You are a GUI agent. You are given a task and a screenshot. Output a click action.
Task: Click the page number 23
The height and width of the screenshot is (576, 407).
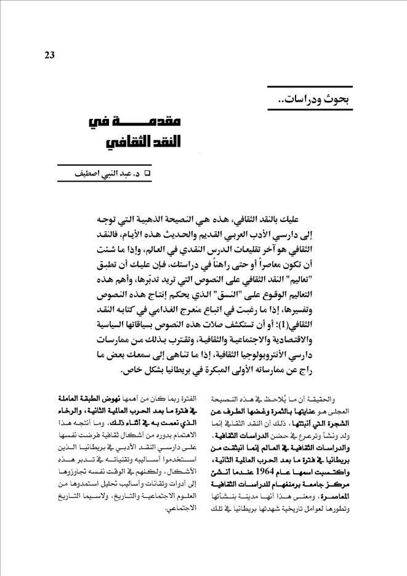point(50,55)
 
